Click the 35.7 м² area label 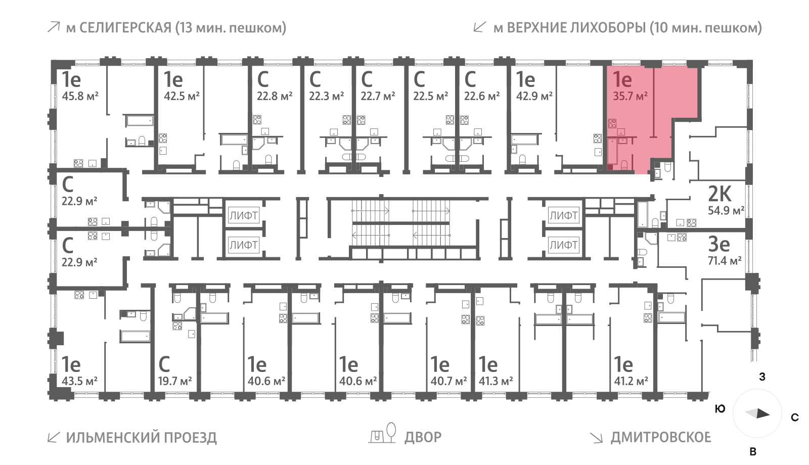coord(630,96)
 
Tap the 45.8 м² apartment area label coord(80,96)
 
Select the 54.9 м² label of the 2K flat coord(726,210)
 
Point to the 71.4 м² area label coord(725,260)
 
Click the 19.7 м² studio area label coord(175,381)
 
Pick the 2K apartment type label coord(720,194)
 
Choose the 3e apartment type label coord(719,244)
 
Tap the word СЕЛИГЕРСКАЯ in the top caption coord(125,28)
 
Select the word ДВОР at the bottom coord(423,437)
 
